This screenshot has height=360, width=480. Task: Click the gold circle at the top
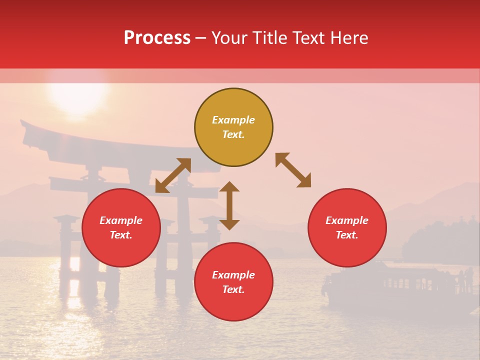233,127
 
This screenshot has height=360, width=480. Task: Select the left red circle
121,228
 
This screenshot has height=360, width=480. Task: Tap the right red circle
347,228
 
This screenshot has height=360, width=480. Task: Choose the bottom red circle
233,282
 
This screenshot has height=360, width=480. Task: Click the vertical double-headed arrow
229,205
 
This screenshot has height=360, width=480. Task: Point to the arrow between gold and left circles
173,175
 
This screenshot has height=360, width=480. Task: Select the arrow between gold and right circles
293,170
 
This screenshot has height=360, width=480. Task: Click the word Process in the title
157,38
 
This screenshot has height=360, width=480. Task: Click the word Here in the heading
349,38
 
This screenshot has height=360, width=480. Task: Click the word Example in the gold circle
233,120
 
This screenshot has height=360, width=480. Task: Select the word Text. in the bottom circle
233,289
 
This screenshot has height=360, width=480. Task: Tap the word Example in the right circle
347,220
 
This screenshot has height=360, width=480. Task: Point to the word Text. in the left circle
121,235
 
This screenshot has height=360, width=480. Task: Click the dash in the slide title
200,38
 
